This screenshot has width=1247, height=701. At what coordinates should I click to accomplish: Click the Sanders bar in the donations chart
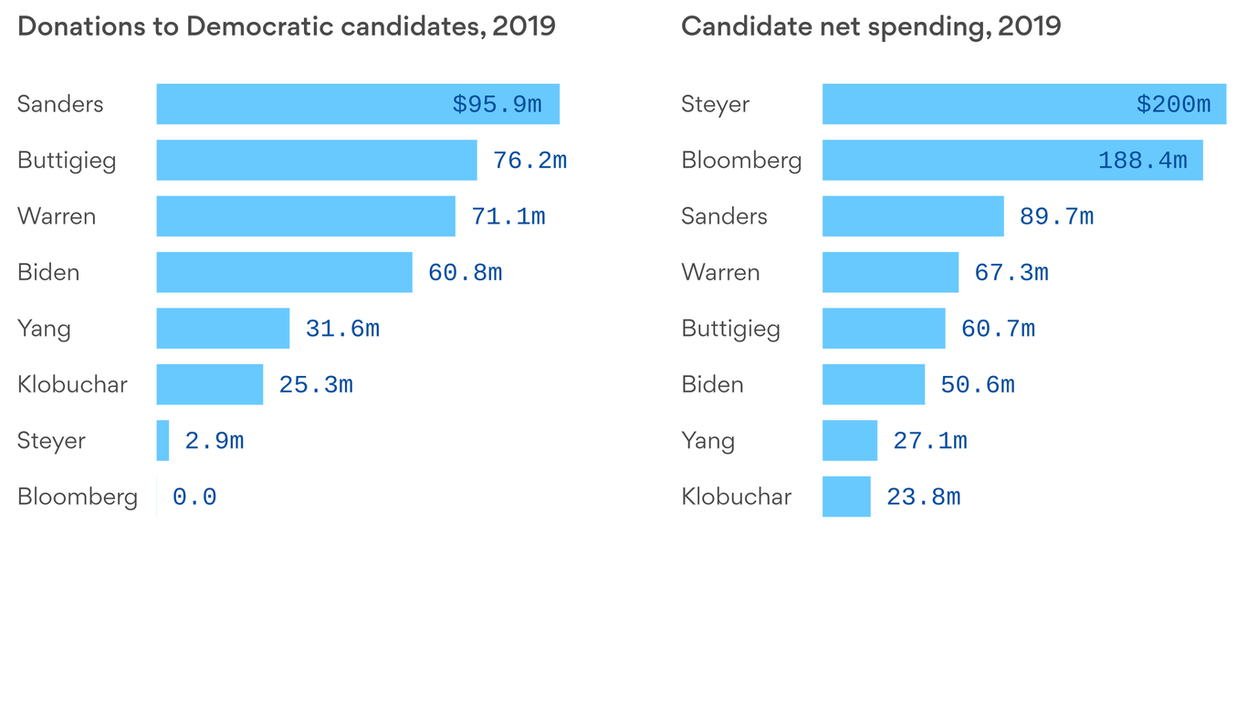[x=301, y=104]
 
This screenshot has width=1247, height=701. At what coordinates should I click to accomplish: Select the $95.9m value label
[x=497, y=104]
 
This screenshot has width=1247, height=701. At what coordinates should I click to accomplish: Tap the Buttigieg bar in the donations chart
[x=316, y=160]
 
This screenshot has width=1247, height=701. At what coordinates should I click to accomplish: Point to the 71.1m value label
[x=508, y=216]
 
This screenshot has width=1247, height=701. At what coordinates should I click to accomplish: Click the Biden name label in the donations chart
[x=48, y=272]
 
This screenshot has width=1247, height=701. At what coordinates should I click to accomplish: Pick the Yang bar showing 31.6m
[x=223, y=329]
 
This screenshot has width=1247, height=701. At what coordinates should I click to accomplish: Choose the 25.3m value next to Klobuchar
[x=316, y=385]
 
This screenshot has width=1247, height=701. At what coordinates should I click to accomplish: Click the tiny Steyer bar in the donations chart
[x=162, y=441]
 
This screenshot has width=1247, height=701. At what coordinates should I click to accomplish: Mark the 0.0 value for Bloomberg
[x=194, y=497]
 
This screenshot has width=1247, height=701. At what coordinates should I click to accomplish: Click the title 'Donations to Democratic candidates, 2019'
[x=287, y=26]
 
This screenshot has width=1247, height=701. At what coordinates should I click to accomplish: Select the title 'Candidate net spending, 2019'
[x=871, y=26]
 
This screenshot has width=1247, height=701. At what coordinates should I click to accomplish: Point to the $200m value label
[x=1173, y=104]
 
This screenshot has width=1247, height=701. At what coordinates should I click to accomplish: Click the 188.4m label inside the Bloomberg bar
[x=1142, y=161]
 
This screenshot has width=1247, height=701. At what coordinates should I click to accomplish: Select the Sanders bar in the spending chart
[x=913, y=216]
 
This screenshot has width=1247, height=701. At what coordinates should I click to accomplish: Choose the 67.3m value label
[x=1011, y=272]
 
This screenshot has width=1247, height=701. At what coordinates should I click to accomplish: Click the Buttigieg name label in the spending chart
[x=730, y=329]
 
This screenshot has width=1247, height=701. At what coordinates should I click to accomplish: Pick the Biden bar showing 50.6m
[x=874, y=385]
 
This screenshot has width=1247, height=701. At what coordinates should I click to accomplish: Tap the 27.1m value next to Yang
[x=930, y=441]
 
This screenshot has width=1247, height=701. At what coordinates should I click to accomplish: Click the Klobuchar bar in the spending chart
[x=846, y=497]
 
